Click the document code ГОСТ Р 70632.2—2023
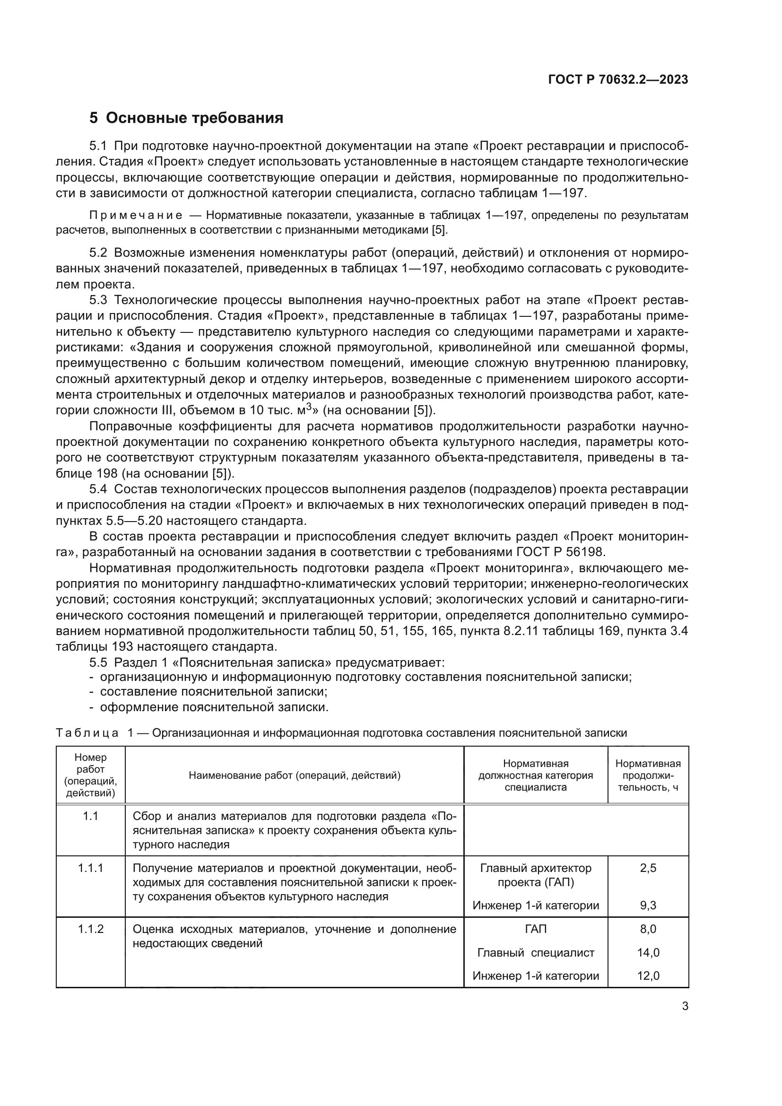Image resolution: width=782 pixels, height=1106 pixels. click(x=618, y=80)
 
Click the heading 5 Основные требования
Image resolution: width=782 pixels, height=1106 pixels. click(x=186, y=118)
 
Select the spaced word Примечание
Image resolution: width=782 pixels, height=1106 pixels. click(x=136, y=215)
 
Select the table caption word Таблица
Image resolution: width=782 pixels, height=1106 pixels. click(x=87, y=733)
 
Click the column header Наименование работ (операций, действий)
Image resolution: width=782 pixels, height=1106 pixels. click(x=294, y=775)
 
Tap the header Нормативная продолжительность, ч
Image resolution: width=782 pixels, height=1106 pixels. click(x=648, y=775)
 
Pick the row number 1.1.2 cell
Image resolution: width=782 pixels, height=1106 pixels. click(x=90, y=929)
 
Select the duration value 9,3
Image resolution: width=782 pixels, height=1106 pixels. click(x=648, y=906)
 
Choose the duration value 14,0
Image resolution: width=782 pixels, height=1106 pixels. click(x=648, y=952)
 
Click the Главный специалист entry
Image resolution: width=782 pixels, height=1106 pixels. click(x=536, y=952)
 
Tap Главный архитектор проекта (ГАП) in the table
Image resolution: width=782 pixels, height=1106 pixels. click(x=536, y=875)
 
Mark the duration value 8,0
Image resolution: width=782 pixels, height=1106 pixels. click(x=648, y=929)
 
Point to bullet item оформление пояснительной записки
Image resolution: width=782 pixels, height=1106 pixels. click(x=214, y=707)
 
